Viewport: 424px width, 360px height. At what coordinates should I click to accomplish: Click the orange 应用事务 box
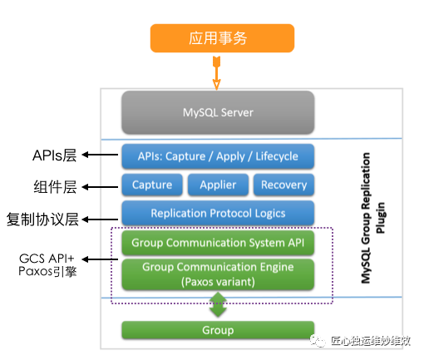coord(222,38)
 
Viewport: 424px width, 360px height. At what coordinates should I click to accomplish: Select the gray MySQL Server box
coord(218,112)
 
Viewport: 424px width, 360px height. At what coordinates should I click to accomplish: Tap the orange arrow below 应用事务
coord(216,73)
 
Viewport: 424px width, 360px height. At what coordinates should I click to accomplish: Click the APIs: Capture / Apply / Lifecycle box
coord(218,156)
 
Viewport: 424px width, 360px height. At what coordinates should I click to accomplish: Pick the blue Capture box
coord(152,185)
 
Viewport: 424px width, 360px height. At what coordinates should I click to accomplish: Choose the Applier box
coord(218,185)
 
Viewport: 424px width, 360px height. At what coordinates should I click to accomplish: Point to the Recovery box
coord(283,185)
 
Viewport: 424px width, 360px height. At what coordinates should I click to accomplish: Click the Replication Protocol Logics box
coord(218,213)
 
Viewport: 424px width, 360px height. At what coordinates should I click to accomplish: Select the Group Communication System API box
coord(218,243)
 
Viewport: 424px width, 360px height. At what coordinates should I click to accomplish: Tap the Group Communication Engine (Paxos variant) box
coord(218,274)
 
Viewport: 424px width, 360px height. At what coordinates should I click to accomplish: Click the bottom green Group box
coord(218,330)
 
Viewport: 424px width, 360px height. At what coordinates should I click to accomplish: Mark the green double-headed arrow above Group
coord(218,304)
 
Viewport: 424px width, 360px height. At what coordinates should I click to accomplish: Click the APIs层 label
coord(54,155)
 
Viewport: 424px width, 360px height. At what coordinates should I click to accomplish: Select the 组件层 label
coord(55,187)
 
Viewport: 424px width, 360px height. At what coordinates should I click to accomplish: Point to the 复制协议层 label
coord(42,219)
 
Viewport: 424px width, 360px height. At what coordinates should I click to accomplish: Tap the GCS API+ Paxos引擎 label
coord(47,265)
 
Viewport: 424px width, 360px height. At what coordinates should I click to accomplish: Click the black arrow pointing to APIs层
coord(100,155)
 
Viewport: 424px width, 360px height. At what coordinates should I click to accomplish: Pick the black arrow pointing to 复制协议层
coord(100,219)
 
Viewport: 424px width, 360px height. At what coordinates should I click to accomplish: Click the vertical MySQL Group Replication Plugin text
coord(372,218)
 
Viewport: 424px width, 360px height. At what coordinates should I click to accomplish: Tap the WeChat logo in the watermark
coord(318,341)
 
